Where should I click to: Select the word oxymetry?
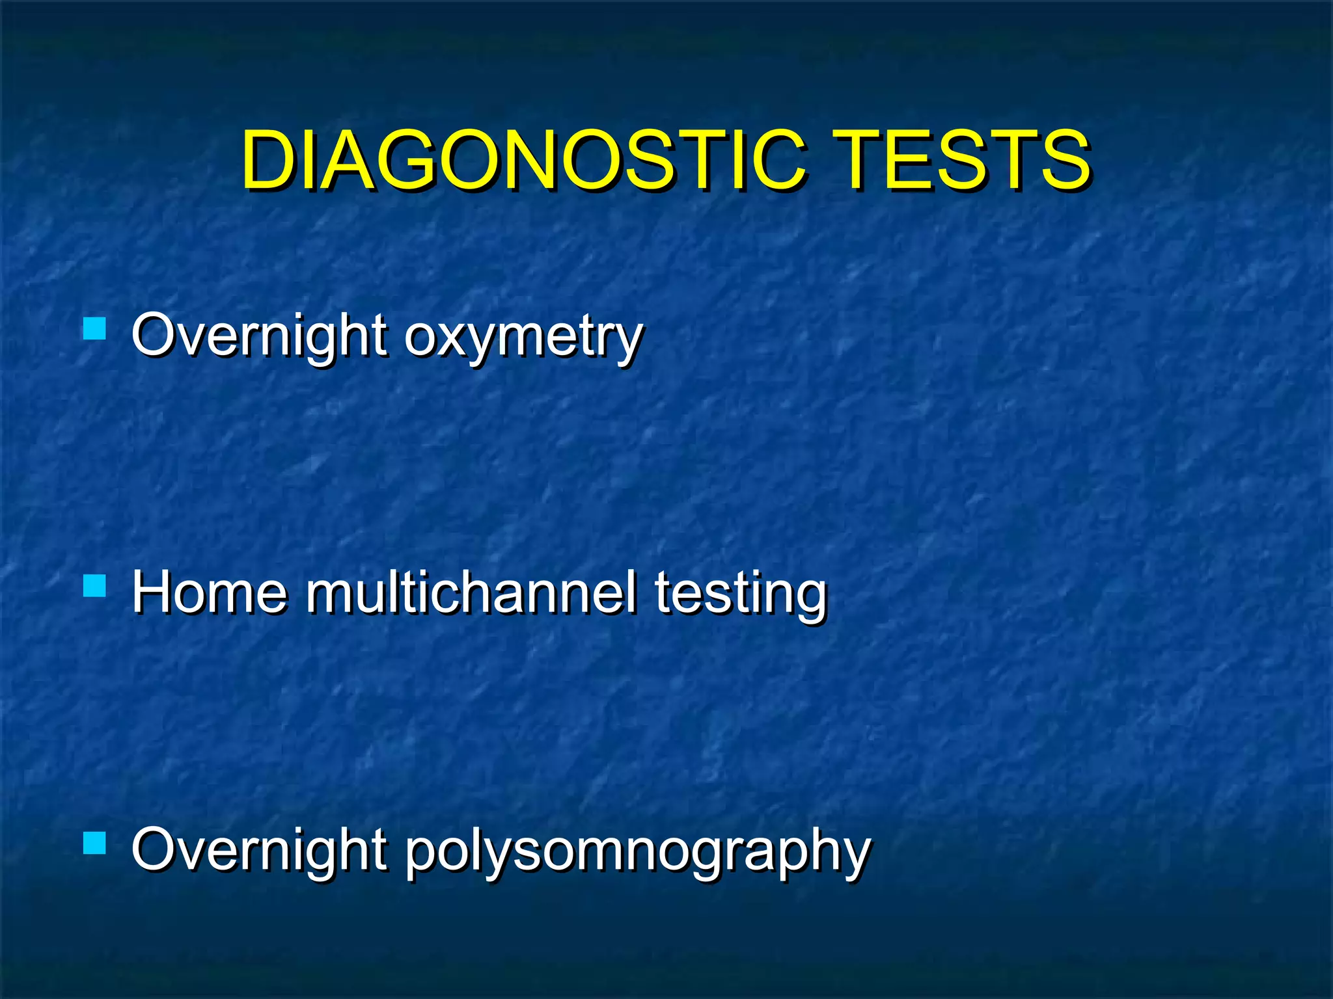(523, 337)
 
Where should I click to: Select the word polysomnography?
(637, 851)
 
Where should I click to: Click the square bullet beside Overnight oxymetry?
(95, 328)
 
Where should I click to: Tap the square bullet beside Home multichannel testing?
(95, 585)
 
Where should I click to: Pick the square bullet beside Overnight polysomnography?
(95, 842)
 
